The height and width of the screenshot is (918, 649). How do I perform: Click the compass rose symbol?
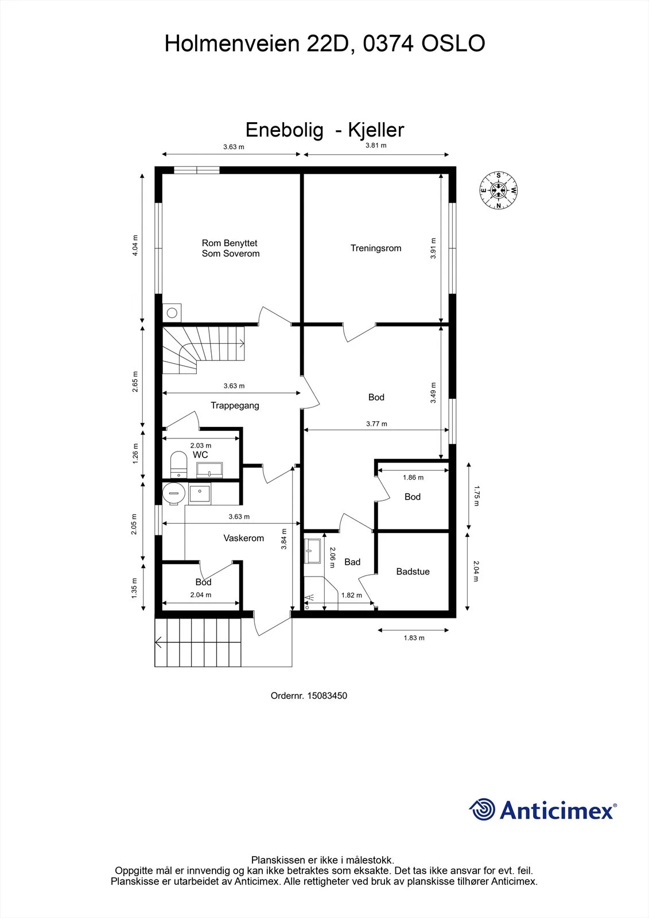[499, 190]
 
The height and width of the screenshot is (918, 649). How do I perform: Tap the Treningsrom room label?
[375, 248]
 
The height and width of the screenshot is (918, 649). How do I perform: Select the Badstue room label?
[413, 571]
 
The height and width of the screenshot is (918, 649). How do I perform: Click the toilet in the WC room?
[178, 464]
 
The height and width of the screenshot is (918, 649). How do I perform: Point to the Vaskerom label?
[243, 538]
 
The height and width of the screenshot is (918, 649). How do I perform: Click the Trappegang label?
[235, 405]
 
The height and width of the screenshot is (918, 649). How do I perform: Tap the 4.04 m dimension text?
[135, 246]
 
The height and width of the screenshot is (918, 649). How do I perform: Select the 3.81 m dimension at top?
[376, 145]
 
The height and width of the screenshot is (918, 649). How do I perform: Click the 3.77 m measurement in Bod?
[376, 424]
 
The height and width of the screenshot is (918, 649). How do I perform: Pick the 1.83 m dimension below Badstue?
[414, 637]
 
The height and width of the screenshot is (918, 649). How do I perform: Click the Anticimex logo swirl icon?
[482, 810]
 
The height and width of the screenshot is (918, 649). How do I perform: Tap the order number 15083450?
[327, 695]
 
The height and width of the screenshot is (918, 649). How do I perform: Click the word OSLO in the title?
[453, 44]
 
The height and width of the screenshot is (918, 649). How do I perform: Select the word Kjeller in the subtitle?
[376, 130]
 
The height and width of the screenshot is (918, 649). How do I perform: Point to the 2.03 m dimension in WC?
[200, 445]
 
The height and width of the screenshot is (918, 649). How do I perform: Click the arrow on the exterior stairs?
[158, 642]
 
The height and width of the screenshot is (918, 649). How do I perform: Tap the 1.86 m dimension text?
[413, 477]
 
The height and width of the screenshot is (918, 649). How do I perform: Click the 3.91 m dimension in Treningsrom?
[433, 248]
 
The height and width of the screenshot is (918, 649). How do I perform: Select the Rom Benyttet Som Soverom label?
[231, 248]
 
